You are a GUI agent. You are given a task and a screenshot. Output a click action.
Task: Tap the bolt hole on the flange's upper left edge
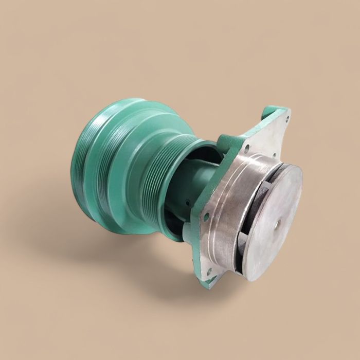pyautogui.click(x=247, y=150)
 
